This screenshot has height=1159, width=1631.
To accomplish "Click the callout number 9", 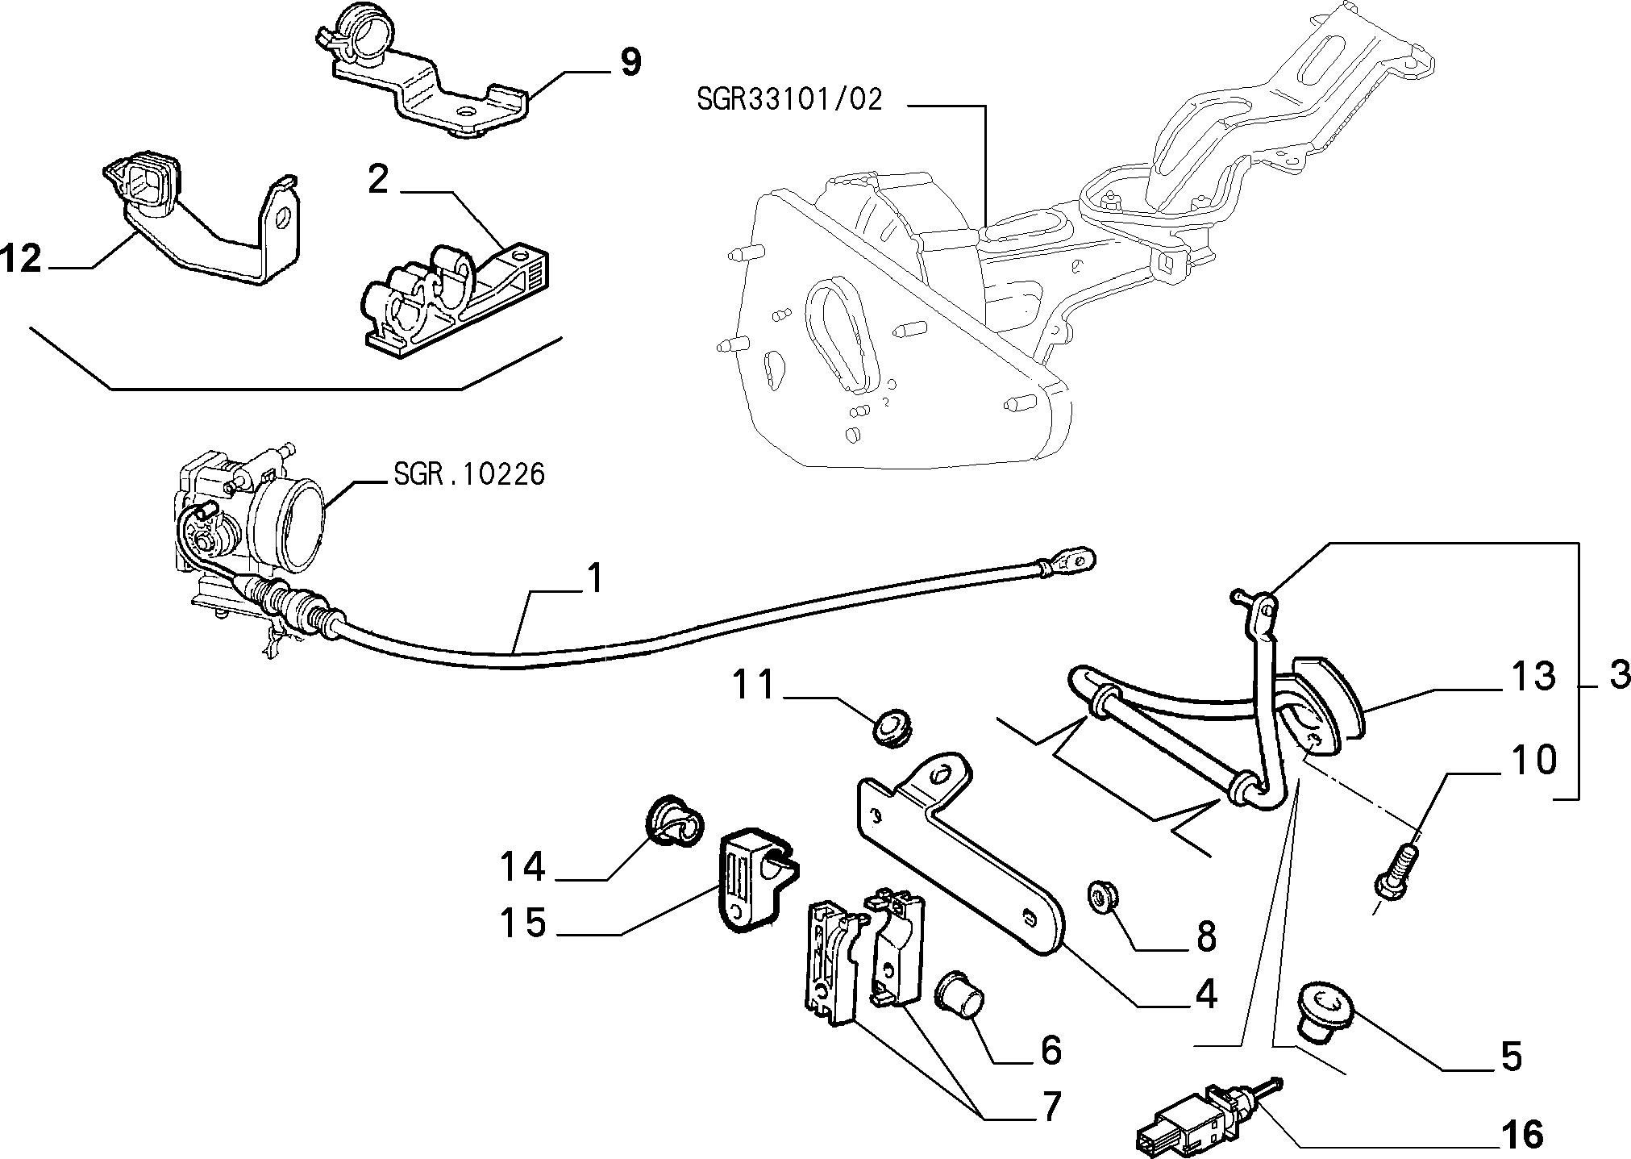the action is (630, 62).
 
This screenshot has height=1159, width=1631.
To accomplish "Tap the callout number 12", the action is (21, 259).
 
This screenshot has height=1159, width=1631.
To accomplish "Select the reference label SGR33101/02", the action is (790, 100).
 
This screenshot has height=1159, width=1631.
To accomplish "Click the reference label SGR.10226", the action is (469, 473).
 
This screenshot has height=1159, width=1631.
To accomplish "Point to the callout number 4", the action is (1205, 995).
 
